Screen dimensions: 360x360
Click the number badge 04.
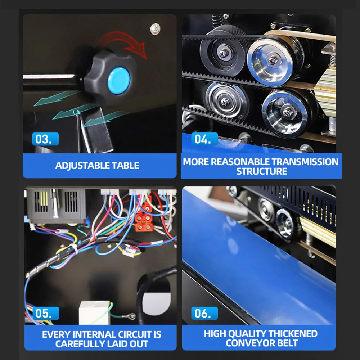click(204, 139)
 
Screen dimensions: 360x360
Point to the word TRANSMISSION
click(305, 162)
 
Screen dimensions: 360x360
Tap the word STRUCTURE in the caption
click(261, 171)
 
